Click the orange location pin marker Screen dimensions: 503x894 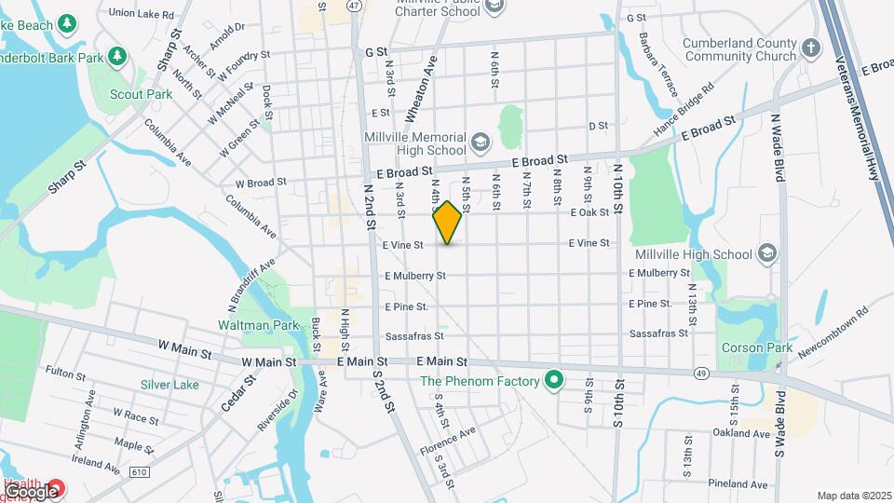[448, 223]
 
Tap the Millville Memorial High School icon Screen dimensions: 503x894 [480, 143]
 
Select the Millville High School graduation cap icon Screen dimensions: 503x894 [766, 253]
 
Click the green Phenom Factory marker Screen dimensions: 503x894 [555, 380]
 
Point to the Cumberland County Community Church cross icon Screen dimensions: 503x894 [811, 48]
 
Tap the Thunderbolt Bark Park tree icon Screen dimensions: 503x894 [116, 57]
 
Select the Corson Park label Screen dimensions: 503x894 [756, 348]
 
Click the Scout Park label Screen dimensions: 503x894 [142, 94]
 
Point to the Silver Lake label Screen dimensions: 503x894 [169, 385]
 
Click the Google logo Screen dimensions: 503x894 [31, 492]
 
